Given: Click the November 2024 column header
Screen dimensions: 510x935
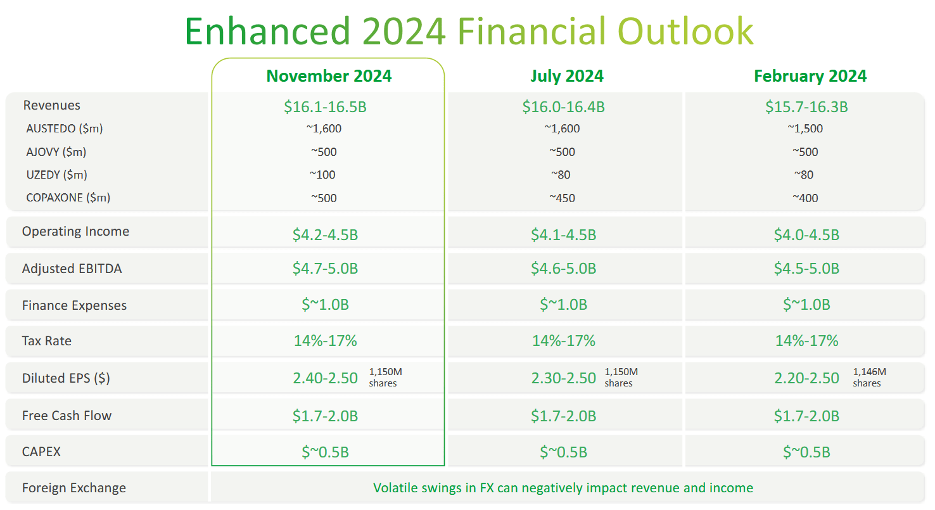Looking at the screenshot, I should pos(329,77).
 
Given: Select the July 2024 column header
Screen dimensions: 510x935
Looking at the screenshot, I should pos(566,77).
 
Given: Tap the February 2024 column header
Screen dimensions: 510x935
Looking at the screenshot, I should pos(810,77).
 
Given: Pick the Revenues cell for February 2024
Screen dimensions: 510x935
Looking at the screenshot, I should pos(806,107).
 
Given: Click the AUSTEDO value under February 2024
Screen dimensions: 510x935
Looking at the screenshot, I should pos(805,129).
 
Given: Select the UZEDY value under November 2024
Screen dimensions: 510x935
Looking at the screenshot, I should pos(322,175).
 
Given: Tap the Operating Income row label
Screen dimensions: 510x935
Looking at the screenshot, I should pos(75,232).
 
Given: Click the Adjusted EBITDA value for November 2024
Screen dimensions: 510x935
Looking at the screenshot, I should pos(325,269).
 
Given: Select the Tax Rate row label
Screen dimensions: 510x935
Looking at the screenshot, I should pos(47,341).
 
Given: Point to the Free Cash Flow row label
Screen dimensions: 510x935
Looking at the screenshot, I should pos(67,416).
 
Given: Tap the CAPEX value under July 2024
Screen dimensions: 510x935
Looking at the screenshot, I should pos(563,452).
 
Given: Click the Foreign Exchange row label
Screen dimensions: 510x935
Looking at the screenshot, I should pos(73,488).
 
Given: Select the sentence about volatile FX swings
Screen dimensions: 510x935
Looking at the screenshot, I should pos(563,488).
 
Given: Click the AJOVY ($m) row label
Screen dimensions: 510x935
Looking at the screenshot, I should pos(56,152).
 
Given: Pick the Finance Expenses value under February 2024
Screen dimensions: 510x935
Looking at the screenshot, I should pos(806,305).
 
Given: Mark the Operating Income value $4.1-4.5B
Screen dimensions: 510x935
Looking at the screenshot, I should pos(563,235).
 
